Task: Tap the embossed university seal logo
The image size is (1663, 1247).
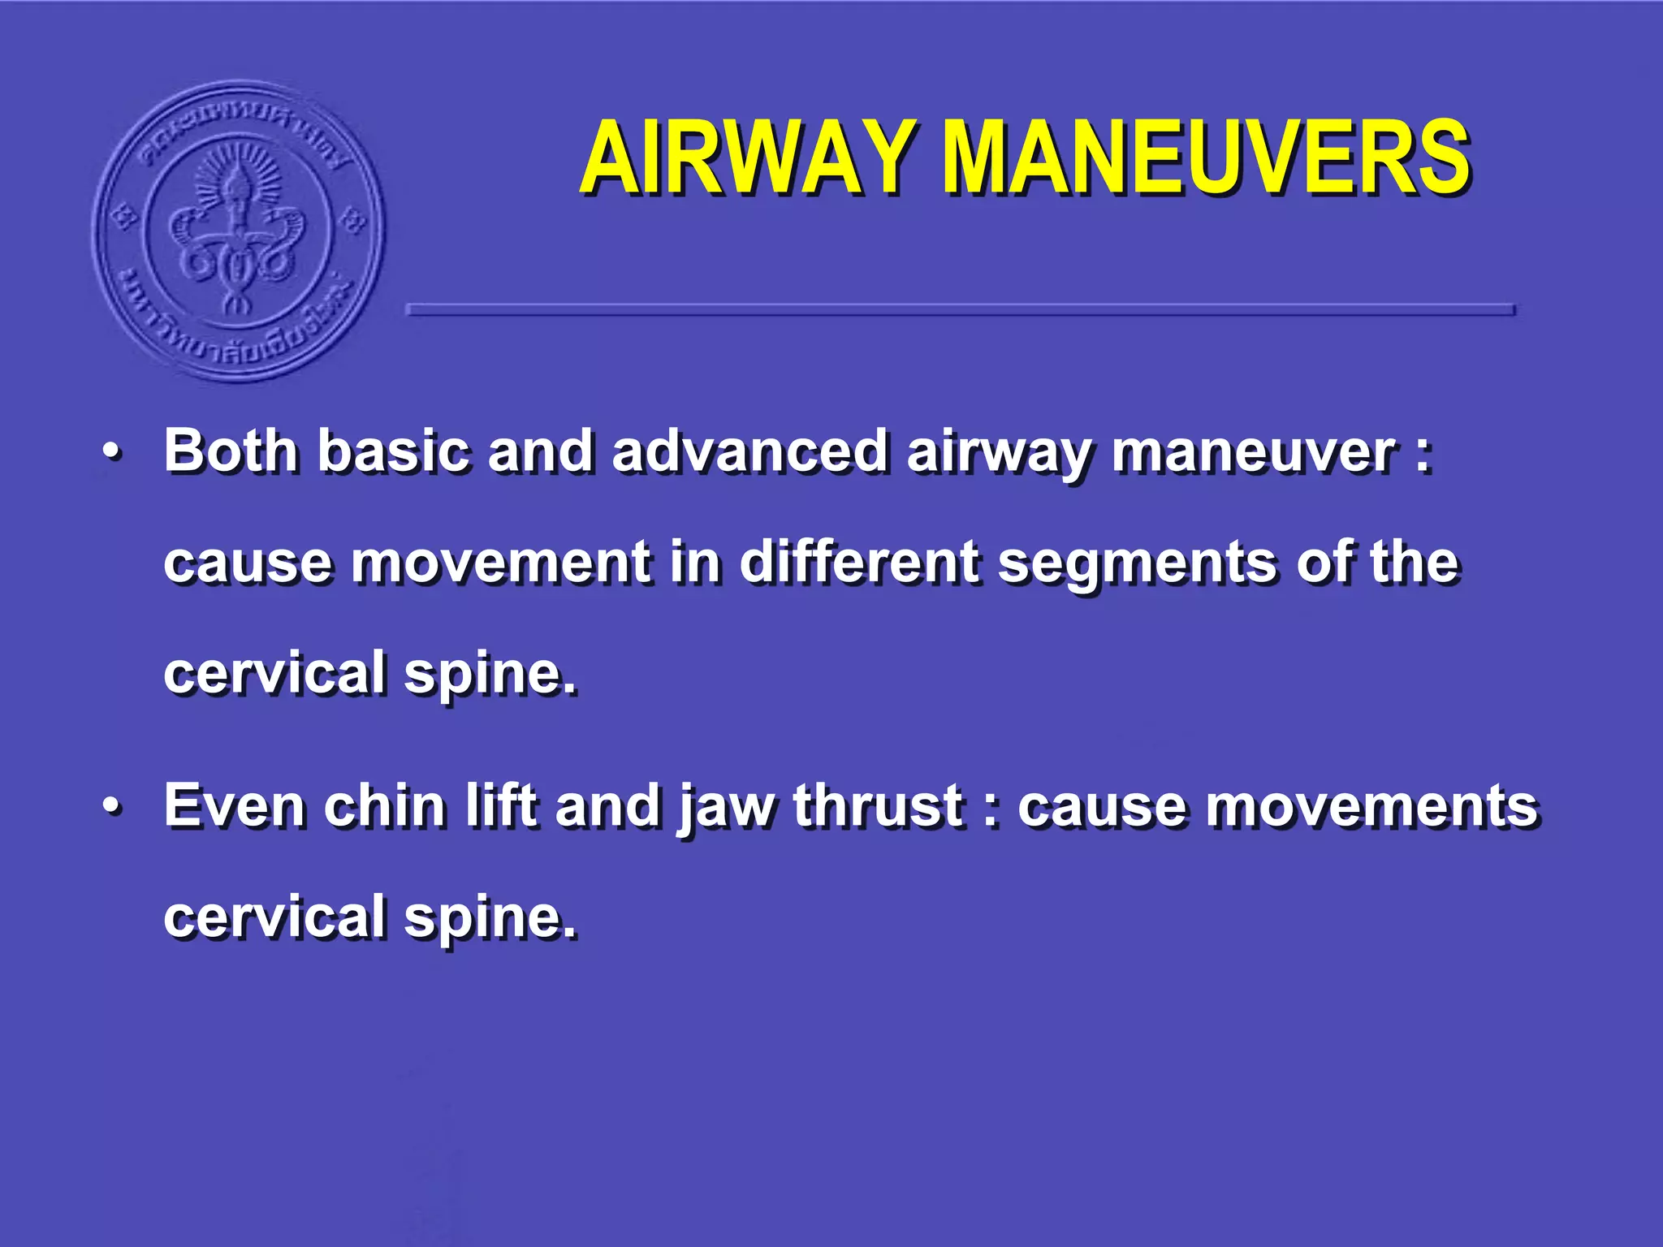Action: pyautogui.click(x=238, y=231)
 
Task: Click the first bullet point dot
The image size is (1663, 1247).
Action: pyautogui.click(x=113, y=451)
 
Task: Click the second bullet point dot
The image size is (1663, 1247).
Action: pyautogui.click(x=113, y=806)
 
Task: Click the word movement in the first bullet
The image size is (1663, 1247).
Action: pyautogui.click(x=501, y=562)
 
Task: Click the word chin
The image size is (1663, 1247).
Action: pyautogui.click(x=384, y=805)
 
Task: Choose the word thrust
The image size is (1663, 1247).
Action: pyautogui.click(x=878, y=805)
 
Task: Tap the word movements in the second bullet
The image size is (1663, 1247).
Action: pyautogui.click(x=1278, y=806)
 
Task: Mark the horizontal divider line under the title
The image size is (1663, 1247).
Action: pyautogui.click(x=960, y=309)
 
